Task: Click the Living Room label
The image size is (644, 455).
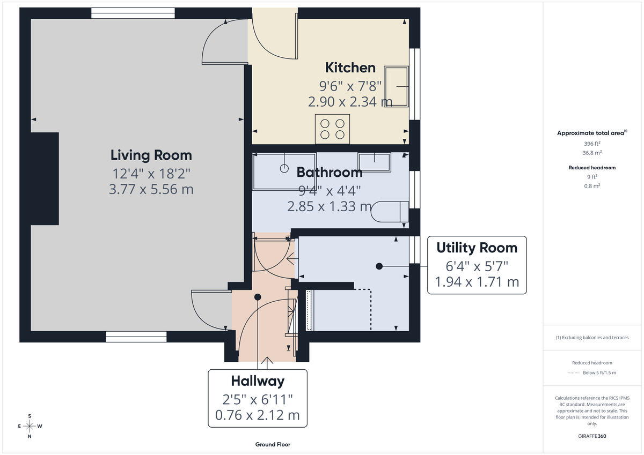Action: click(x=151, y=155)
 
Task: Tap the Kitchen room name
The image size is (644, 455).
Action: click(x=350, y=68)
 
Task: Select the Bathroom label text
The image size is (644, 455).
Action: click(x=330, y=173)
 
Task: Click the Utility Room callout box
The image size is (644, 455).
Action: click(x=477, y=265)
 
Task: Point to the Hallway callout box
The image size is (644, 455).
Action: click(x=258, y=398)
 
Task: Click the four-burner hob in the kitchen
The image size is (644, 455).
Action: click(x=332, y=129)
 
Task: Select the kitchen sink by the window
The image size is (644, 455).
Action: click(x=396, y=86)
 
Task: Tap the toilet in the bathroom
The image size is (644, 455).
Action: click(x=389, y=211)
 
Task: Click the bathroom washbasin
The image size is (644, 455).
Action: click(x=375, y=162)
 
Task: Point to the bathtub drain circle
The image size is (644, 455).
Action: click(x=284, y=169)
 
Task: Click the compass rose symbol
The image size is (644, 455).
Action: click(x=30, y=426)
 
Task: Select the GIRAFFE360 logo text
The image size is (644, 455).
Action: click(x=592, y=436)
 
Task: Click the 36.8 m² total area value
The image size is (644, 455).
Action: click(x=592, y=152)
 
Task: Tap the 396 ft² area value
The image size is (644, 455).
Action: click(x=592, y=144)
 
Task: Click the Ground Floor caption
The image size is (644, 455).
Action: click(x=273, y=444)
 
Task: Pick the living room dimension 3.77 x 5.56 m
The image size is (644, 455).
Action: click(x=151, y=189)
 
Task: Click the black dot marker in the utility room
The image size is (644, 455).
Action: click(x=379, y=266)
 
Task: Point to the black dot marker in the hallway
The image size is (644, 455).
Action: click(x=258, y=296)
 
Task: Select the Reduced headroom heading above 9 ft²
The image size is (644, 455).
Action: click(x=592, y=168)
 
